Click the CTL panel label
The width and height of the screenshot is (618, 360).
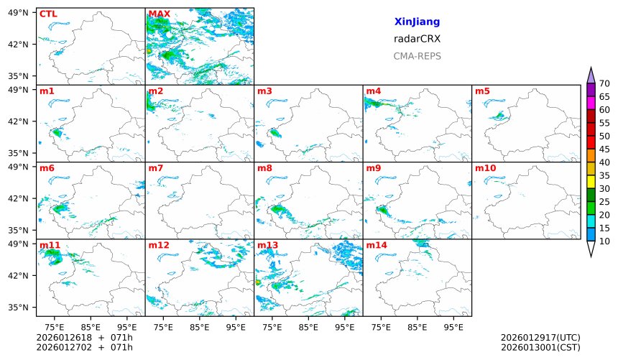tap(48, 14)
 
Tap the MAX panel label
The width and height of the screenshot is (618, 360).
tap(159, 14)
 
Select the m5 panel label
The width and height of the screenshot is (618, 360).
tap(483, 91)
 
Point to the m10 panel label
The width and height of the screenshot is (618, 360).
tap(485, 168)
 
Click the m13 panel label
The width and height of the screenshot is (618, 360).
tap(267, 245)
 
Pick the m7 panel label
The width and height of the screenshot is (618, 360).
tap(156, 168)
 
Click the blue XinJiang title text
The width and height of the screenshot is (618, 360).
tap(417, 22)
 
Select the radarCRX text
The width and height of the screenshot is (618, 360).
tap(417, 39)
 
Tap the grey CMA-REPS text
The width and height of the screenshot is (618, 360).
tap(417, 56)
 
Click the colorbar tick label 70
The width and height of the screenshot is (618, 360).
tap(604, 84)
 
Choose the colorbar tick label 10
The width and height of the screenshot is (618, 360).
tap(604, 241)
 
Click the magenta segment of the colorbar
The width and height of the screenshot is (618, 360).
tap(591, 103)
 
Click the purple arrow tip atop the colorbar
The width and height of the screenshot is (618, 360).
tap(591, 74)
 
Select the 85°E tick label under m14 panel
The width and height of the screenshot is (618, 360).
tap(417, 328)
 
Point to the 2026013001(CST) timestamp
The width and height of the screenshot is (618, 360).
tap(540, 347)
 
